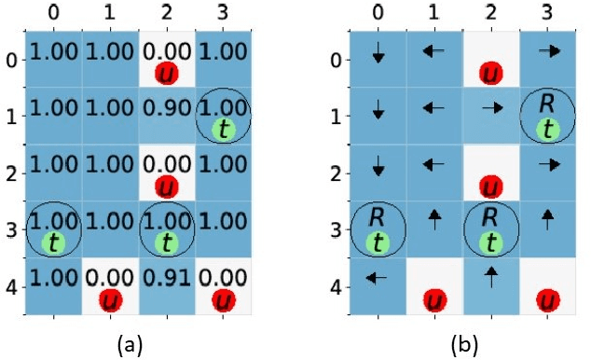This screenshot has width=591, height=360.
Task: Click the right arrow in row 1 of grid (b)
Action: [491, 108]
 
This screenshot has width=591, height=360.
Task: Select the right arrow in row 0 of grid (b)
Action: [547, 52]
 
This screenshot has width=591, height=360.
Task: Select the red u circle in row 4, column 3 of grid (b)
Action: [547, 300]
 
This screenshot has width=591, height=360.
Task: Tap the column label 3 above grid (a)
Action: [222, 13]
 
